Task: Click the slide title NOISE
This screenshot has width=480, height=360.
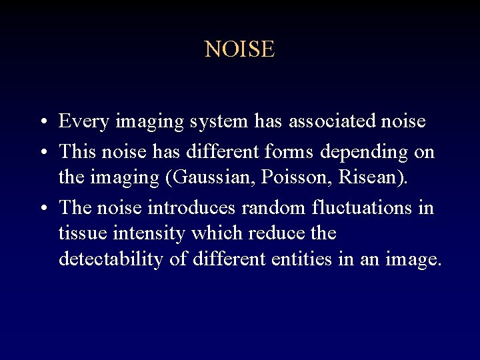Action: [x=239, y=49]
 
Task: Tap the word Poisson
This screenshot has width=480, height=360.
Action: [x=303, y=179]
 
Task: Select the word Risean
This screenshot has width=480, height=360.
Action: [x=374, y=179]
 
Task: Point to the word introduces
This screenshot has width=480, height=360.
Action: [x=191, y=207]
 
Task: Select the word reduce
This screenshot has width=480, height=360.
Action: [x=281, y=233]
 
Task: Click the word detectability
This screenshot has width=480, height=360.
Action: [x=111, y=259]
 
